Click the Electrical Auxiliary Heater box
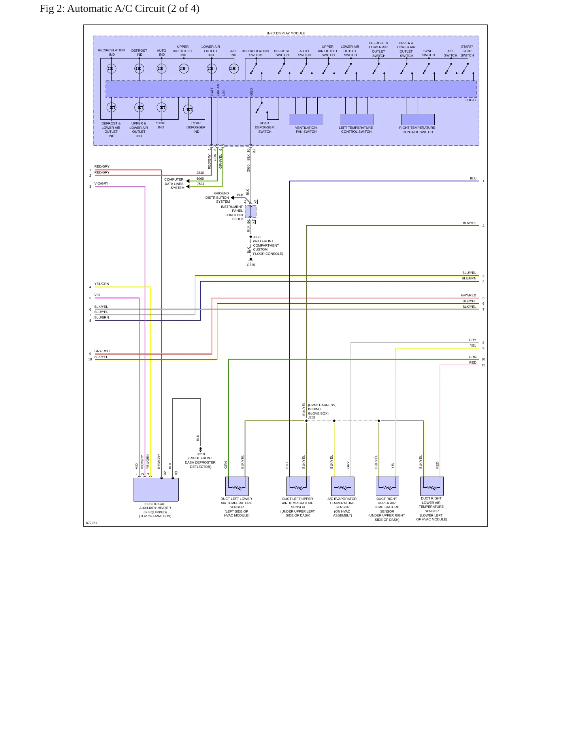[x=156, y=490]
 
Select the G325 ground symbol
[x=251, y=260]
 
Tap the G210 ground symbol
[x=200, y=449]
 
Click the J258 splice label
[x=312, y=417]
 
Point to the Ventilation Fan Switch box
[x=306, y=119]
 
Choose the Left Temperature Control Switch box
[x=356, y=119]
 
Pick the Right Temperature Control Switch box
[x=418, y=119]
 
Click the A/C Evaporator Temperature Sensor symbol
[x=343, y=486]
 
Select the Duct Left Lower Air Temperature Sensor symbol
[x=237, y=486]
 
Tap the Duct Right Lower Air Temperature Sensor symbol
[x=432, y=486]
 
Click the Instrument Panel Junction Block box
[x=251, y=211]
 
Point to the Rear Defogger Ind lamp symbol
[x=188, y=109]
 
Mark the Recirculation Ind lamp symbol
[x=111, y=68]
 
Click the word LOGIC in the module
[x=470, y=100]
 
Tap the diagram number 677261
[x=91, y=523]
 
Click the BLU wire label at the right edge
[x=473, y=178]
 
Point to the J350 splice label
[x=257, y=237]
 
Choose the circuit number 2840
[x=200, y=173]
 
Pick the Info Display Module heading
[x=286, y=33]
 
